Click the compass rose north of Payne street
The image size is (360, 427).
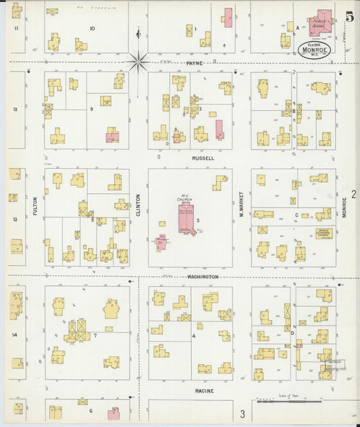(x=138, y=62)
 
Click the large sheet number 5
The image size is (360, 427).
(x=349, y=17)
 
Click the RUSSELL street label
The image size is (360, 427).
(x=203, y=158)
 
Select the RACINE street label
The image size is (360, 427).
(x=204, y=391)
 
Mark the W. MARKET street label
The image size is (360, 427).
(x=241, y=202)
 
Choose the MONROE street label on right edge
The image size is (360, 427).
(x=344, y=206)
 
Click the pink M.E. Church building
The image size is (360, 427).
(x=184, y=218)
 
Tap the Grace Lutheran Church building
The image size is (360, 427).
(x=324, y=234)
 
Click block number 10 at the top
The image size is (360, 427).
(x=92, y=28)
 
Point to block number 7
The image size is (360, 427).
(x=95, y=334)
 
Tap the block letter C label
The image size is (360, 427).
(x=296, y=215)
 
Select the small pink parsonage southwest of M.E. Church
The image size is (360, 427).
(x=161, y=241)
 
